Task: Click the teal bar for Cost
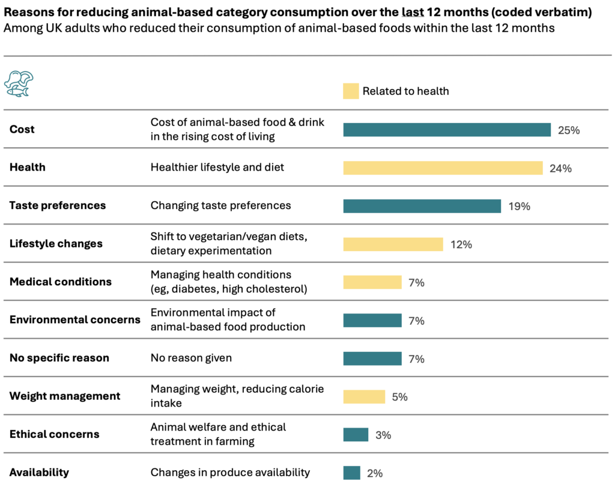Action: pos(447,130)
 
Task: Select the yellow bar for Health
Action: pos(443,168)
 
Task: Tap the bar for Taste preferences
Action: pos(422,206)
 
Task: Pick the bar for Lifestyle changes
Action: pos(393,244)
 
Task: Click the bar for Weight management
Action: pos(364,396)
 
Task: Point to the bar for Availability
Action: pos(351,473)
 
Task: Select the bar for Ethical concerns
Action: pos(356,435)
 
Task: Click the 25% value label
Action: pos(568,130)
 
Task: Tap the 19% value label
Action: pos(519,206)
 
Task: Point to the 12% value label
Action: pos(461,244)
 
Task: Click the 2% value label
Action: pos(374,473)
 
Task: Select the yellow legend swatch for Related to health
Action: pos(351,91)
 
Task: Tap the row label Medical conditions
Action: pos(60,282)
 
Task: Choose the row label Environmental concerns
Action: pos(74,319)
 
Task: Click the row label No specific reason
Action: pos(59,358)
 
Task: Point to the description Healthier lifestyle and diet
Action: pos(217,168)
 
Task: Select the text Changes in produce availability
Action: pos(230,473)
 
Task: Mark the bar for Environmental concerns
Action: pos(372,320)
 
